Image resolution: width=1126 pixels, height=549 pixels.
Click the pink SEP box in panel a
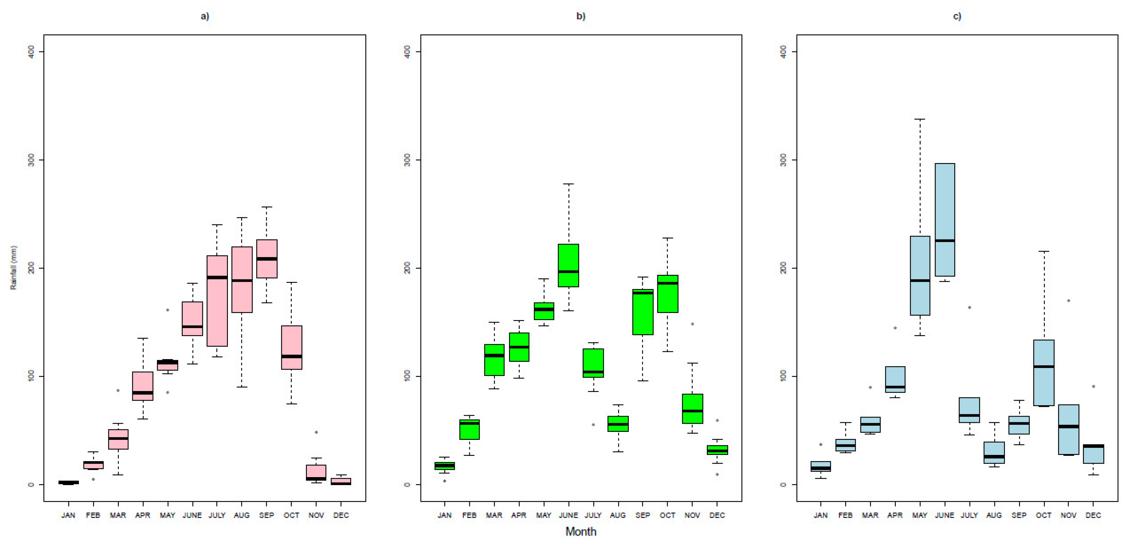coord(267,259)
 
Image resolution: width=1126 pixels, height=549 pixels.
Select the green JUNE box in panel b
coord(568,265)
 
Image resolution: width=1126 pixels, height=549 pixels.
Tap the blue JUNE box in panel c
coord(945,220)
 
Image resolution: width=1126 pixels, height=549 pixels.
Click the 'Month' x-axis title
coord(580,532)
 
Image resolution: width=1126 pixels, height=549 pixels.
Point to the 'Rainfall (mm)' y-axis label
coord(13,267)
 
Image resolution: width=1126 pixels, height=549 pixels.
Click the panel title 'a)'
coord(204,16)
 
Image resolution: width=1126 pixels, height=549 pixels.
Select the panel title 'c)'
coord(957,16)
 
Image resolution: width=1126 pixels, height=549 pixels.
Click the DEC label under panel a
coord(341,515)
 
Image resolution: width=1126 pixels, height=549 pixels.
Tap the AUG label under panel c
coord(994,515)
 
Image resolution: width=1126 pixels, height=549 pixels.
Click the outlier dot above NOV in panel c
coord(1069,301)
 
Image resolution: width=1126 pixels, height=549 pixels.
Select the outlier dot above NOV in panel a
coord(316,432)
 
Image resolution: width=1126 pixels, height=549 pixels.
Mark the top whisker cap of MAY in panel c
coord(920,119)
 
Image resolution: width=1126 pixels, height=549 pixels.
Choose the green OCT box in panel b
coord(667,294)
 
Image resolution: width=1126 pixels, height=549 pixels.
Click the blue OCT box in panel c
coord(1044,373)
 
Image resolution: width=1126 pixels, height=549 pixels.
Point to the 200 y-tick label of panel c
coord(783,268)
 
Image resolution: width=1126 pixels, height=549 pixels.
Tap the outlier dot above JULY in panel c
coord(969,307)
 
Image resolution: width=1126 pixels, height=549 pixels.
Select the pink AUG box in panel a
coord(242,280)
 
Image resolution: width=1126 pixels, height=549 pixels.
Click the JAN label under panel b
coord(445,515)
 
